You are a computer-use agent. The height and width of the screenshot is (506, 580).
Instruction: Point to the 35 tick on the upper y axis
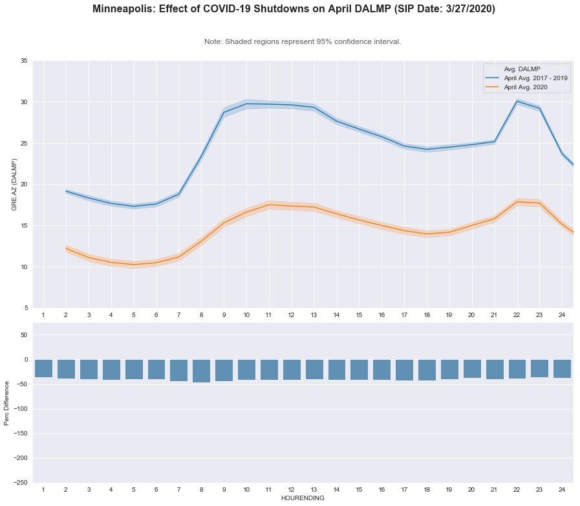pyautogui.click(x=23, y=61)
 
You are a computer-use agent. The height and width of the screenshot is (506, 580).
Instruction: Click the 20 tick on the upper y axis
pyautogui.click(x=23, y=184)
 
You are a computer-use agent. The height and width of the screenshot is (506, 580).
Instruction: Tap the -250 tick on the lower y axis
pyautogui.click(x=21, y=483)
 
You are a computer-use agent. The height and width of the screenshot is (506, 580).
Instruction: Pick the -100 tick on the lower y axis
pyautogui.click(x=21, y=409)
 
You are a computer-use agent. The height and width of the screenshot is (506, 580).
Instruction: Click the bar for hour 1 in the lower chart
pyautogui.click(x=43, y=368)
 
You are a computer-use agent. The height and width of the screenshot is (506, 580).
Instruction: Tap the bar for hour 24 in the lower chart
pyautogui.click(x=562, y=368)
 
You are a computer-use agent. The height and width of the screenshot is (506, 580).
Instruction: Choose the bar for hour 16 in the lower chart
pyautogui.click(x=381, y=369)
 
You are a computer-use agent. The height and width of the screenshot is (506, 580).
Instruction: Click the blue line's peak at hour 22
pyautogui.click(x=517, y=102)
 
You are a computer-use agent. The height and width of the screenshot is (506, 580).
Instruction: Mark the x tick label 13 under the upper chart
pyautogui.click(x=314, y=314)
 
